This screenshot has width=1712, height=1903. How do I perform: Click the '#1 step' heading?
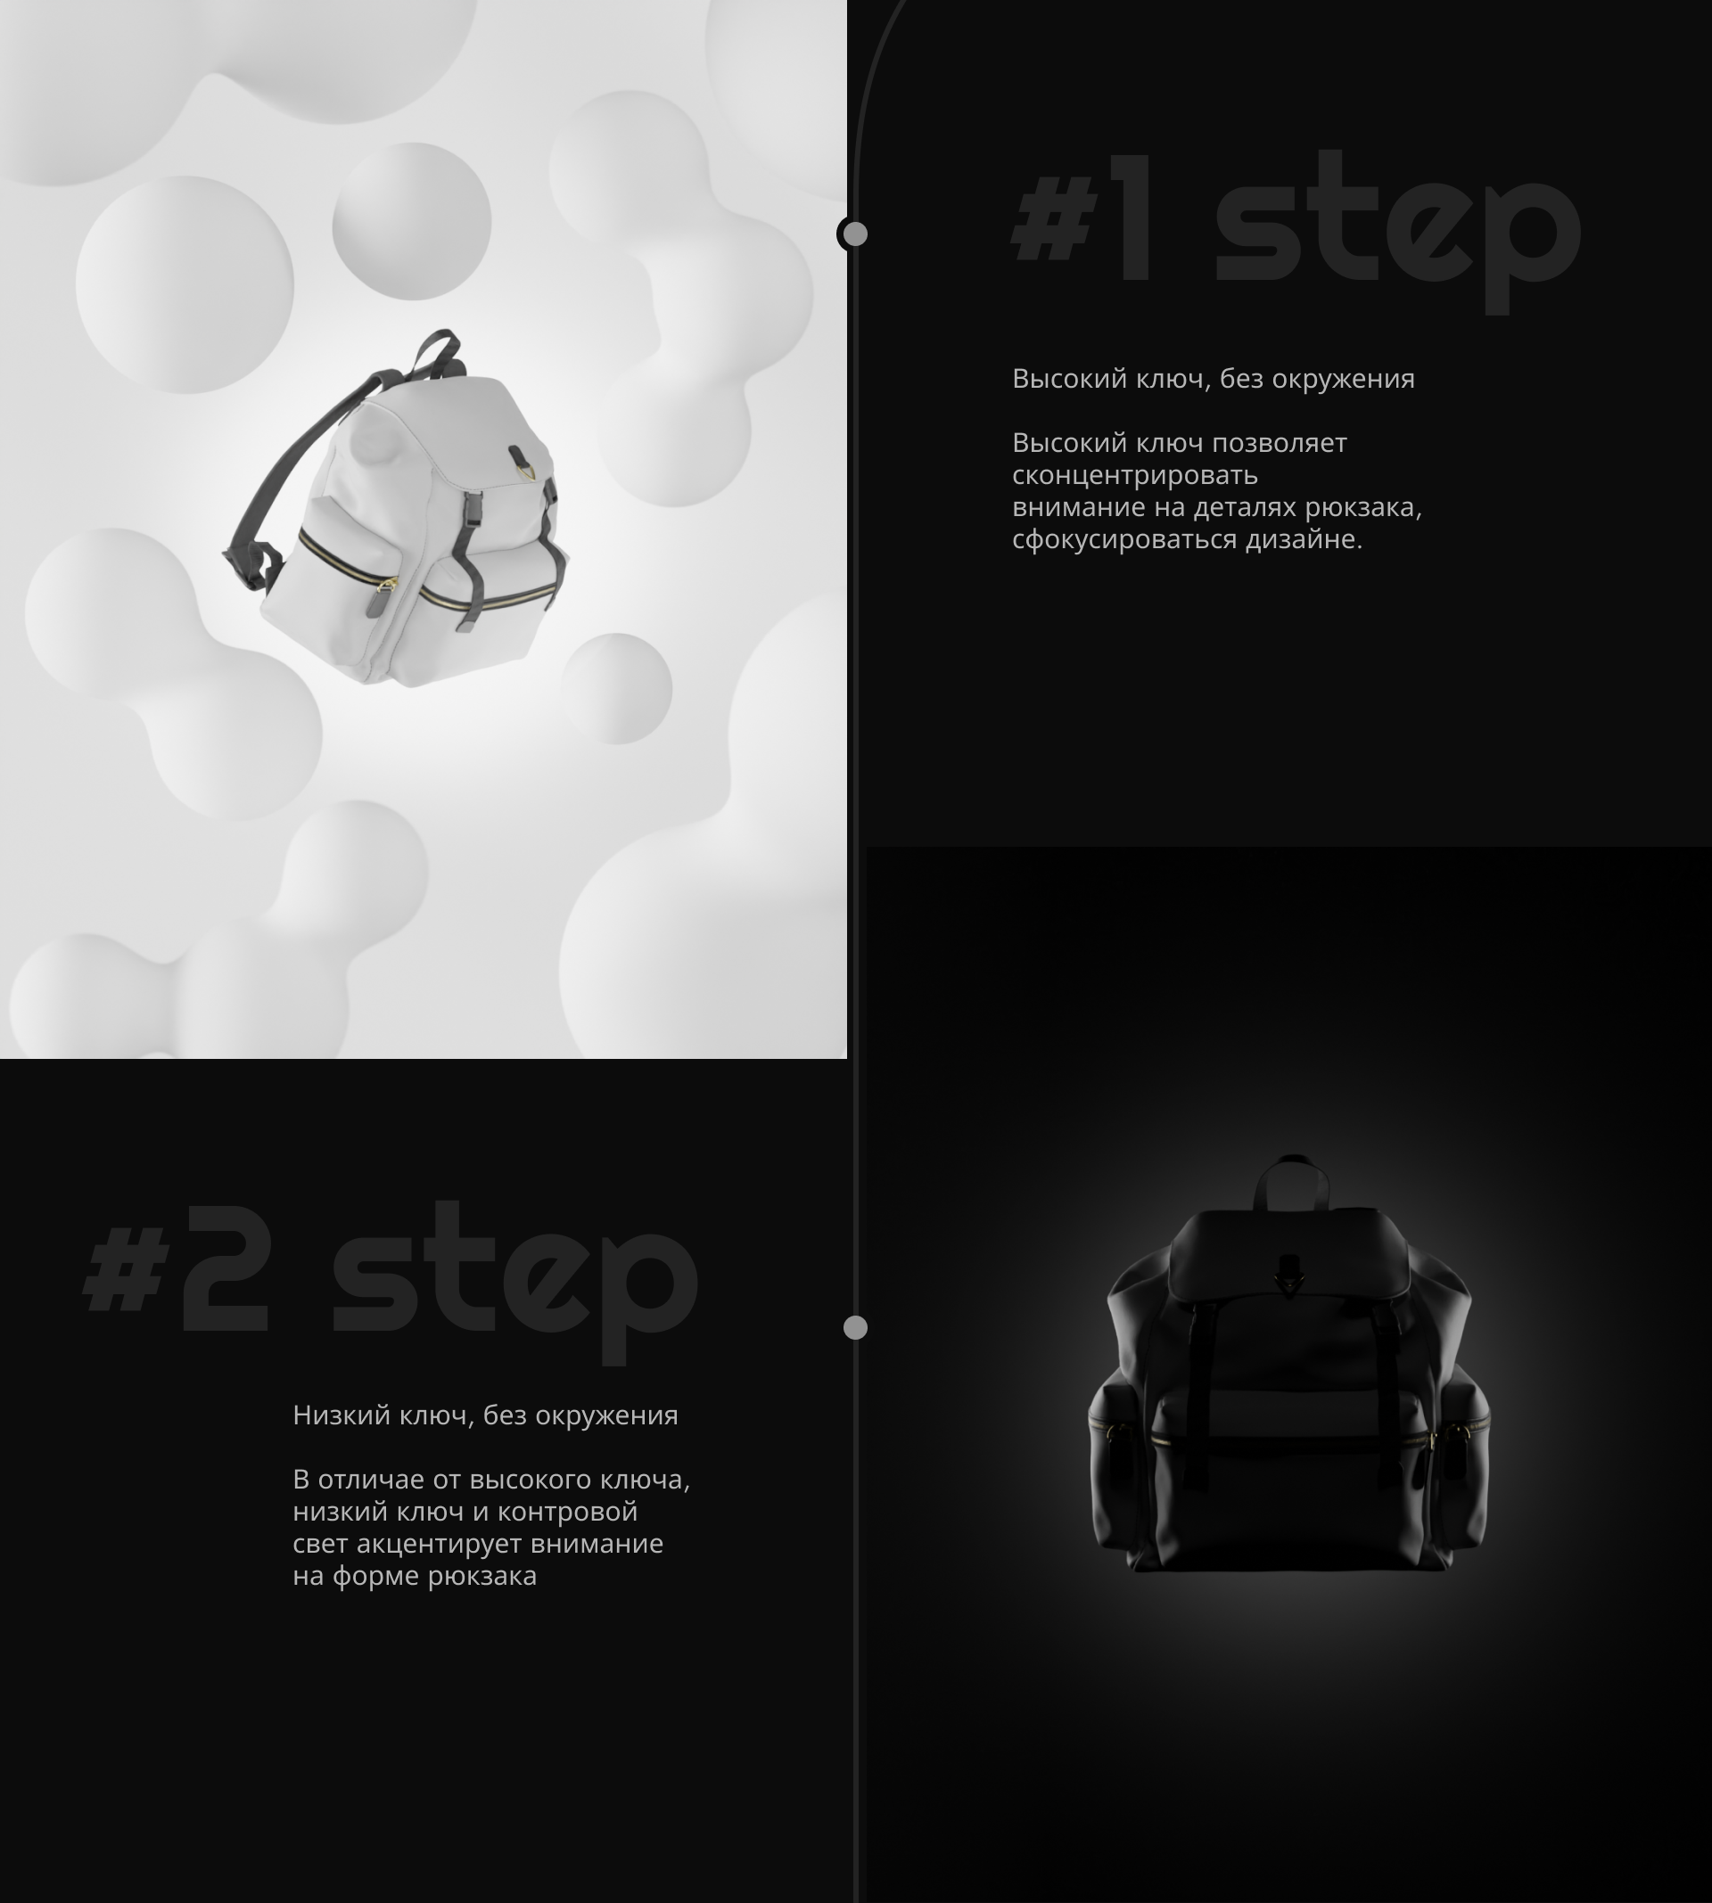click(1296, 231)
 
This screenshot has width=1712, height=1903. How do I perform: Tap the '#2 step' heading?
click(391, 1283)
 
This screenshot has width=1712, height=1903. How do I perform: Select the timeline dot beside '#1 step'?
click(854, 234)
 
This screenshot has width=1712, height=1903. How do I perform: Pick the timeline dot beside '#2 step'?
click(855, 1327)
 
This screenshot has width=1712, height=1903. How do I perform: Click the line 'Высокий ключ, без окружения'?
click(1214, 379)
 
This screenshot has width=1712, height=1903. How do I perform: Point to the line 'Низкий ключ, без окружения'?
click(485, 1415)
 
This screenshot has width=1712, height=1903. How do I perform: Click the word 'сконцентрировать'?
click(1135, 476)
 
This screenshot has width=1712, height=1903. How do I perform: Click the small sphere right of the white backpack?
click(617, 688)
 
